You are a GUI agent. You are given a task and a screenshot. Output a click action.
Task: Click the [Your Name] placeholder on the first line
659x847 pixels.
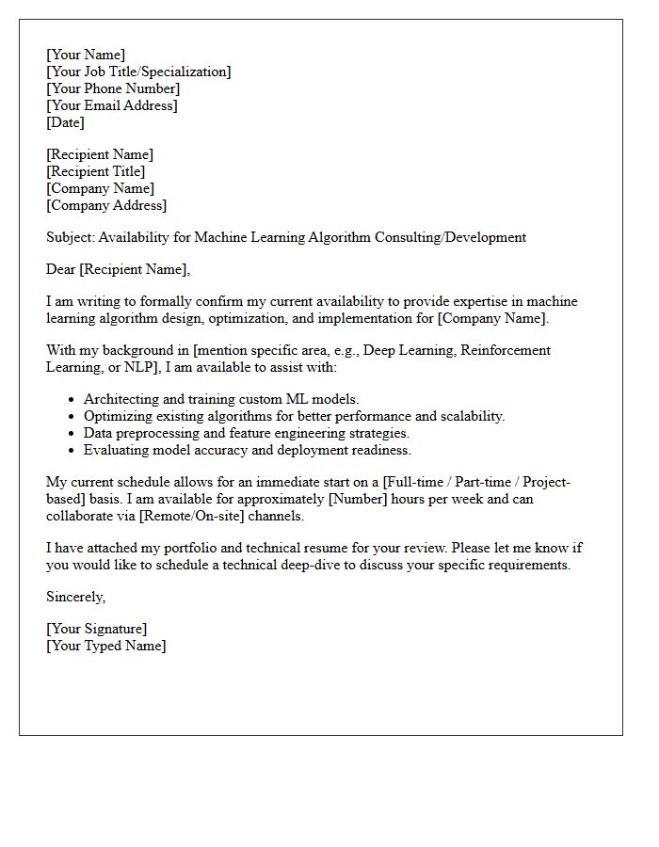(x=85, y=55)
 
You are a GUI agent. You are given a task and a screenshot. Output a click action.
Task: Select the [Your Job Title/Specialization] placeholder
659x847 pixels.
(x=138, y=72)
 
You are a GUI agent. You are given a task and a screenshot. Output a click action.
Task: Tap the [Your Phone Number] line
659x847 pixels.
(x=113, y=88)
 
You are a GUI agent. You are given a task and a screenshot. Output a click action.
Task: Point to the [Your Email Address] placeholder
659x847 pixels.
(x=112, y=105)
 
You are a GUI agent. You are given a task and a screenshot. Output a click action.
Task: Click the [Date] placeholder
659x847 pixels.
(x=65, y=122)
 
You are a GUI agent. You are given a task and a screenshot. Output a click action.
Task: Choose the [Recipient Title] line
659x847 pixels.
(x=95, y=171)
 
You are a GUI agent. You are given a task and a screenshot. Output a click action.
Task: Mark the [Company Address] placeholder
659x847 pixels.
(x=105, y=205)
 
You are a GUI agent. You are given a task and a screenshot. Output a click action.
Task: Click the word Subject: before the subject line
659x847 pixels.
(x=70, y=237)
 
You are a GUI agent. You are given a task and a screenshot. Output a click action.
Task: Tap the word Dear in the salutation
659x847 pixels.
(x=61, y=269)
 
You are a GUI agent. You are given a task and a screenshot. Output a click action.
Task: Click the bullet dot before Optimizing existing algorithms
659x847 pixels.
(x=71, y=417)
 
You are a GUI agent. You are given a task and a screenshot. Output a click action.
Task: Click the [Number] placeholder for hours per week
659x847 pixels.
(x=356, y=499)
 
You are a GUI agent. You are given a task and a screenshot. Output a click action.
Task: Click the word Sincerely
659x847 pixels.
(x=75, y=597)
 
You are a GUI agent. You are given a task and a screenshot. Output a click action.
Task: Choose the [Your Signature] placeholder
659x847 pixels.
(x=96, y=629)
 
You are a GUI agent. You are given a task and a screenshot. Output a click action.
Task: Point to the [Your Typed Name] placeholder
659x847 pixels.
(x=105, y=646)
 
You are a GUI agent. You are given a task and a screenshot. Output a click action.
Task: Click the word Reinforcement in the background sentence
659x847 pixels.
(x=505, y=350)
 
